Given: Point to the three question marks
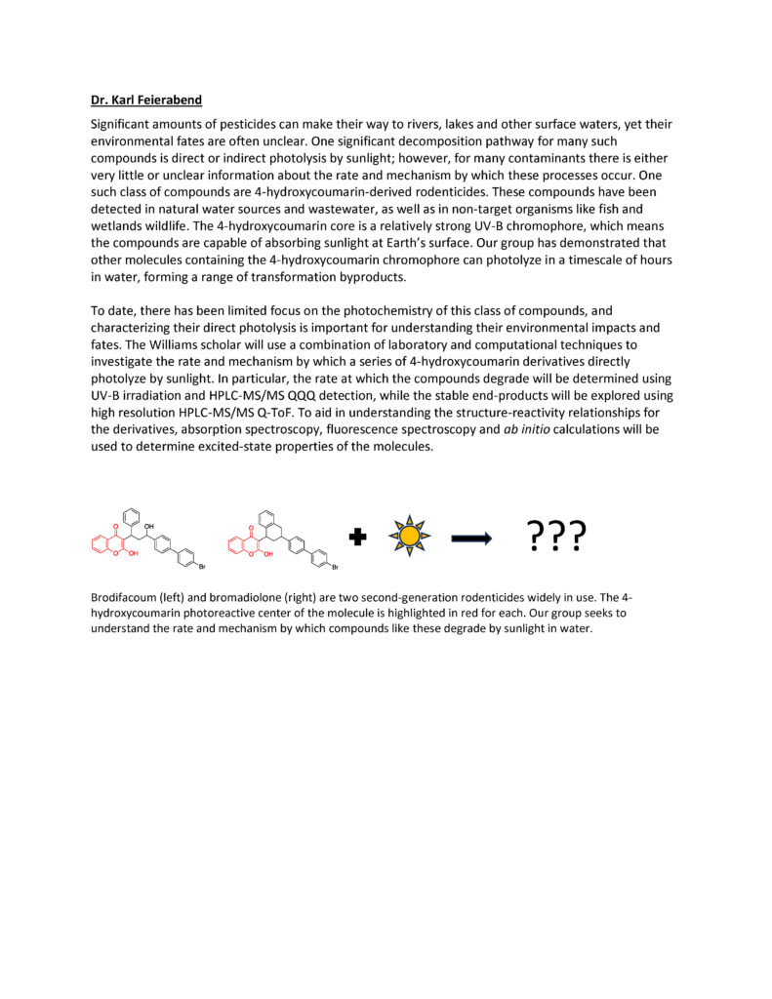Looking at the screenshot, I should (x=556, y=535).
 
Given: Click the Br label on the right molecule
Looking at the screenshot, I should (x=334, y=567).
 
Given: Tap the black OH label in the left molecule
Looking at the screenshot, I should (x=148, y=525).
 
